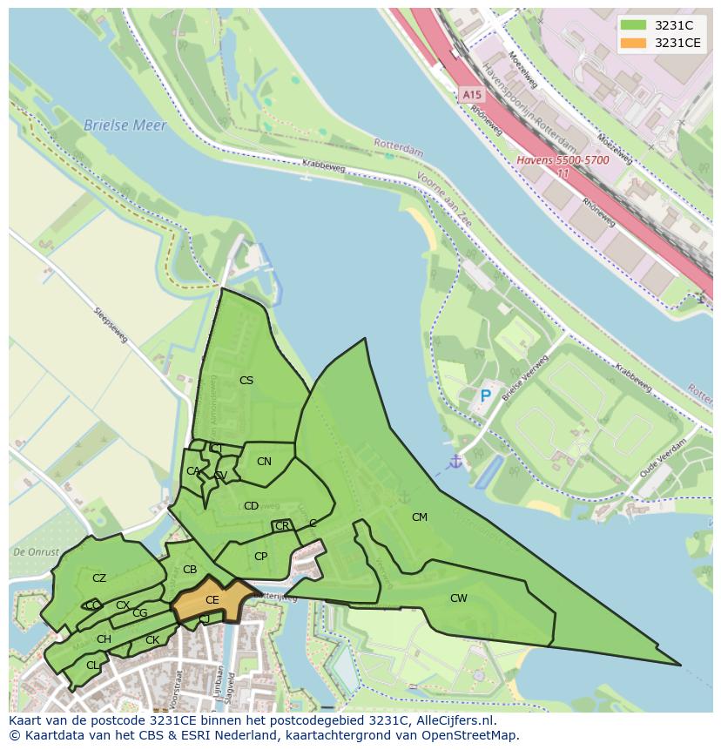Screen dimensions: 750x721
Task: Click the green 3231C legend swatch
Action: pos(633,25)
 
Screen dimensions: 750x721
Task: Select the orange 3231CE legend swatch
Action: pos(633,43)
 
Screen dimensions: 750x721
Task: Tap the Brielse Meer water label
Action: pos(125,125)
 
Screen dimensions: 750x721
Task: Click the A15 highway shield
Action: pos(471,94)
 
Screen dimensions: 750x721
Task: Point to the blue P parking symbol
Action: pos(486,396)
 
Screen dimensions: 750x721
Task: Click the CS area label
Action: pos(246,381)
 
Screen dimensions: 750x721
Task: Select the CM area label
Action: pos(420,517)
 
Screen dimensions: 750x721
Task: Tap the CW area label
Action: pos(459,598)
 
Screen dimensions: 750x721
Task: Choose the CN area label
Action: pos(264,462)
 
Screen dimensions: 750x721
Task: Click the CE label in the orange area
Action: pos(212,600)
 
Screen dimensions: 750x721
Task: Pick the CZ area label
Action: pos(99,578)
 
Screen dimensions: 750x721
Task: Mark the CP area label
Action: pos(260,557)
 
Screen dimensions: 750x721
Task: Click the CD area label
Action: pos(251,506)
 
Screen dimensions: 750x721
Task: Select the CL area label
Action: pos(92,666)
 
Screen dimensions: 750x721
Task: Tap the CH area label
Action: pos(104,639)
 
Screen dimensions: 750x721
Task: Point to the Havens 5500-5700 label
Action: pos(563,160)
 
